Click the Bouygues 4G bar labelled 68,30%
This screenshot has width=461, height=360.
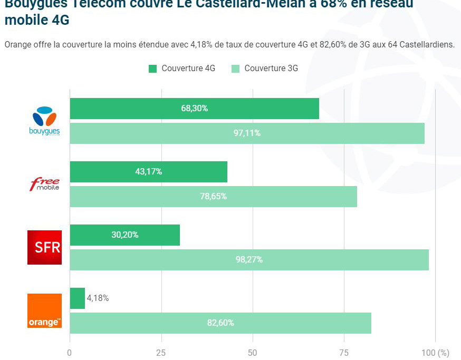[194, 109]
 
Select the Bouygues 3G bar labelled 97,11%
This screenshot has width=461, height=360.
[247, 133]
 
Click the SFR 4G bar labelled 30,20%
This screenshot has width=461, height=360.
[124, 235]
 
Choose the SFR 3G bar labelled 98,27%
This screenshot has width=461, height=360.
[249, 260]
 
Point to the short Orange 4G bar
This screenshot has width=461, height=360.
[77, 298]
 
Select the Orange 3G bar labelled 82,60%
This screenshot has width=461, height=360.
[220, 323]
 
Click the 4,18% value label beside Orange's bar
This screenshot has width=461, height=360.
[98, 298]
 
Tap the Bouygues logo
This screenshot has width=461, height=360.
[45, 121]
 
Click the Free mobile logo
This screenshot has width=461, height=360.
[45, 184]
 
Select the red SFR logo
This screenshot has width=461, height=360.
[45, 247]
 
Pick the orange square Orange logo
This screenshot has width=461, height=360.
[45, 310]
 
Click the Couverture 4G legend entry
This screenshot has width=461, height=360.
[182, 69]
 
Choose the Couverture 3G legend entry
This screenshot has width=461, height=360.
[265, 69]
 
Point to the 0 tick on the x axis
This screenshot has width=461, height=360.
[70, 353]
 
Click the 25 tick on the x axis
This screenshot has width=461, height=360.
[161, 353]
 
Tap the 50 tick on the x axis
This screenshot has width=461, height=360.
[253, 353]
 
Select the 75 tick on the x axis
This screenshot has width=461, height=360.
[344, 353]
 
